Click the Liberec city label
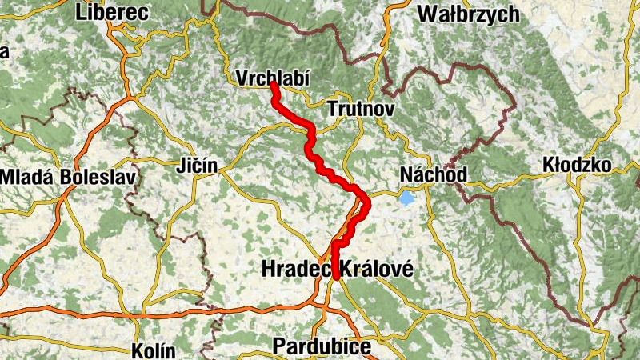pyautogui.click(x=113, y=12)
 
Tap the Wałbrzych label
pyautogui.click(x=468, y=14)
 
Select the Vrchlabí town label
pyautogui.click(x=272, y=78)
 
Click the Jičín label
pyautogui.click(x=196, y=166)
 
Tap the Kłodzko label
pyautogui.click(x=576, y=165)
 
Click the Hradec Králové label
pyautogui.click(x=338, y=270)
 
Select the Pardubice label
pyautogui.click(x=322, y=346)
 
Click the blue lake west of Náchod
pyautogui.click(x=408, y=197)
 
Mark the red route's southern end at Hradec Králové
pyautogui.click(x=337, y=276)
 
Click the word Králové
pyautogui.click(x=377, y=270)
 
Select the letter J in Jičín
pyautogui.click(x=180, y=166)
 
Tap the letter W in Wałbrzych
pyautogui.click(x=428, y=14)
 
